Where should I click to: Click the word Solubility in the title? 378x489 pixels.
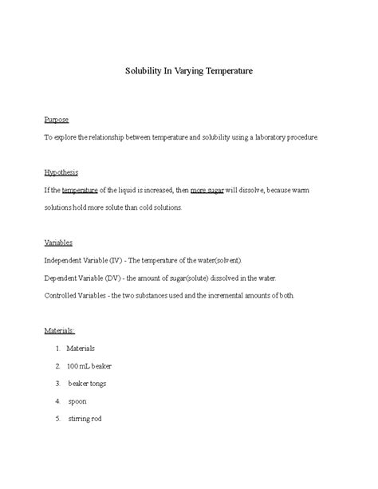click(146, 71)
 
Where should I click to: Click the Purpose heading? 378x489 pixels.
click(56, 120)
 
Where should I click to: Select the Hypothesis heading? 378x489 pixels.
click(61, 173)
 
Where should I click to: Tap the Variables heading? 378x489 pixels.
click(58, 243)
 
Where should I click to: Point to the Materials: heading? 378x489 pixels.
click(60, 330)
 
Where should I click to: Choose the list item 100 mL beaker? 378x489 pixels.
click(89, 366)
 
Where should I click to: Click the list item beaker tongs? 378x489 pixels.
click(87, 384)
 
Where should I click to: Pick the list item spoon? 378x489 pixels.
click(77, 401)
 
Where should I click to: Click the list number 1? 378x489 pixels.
click(58, 349)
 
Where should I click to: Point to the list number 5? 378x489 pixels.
click(58, 419)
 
